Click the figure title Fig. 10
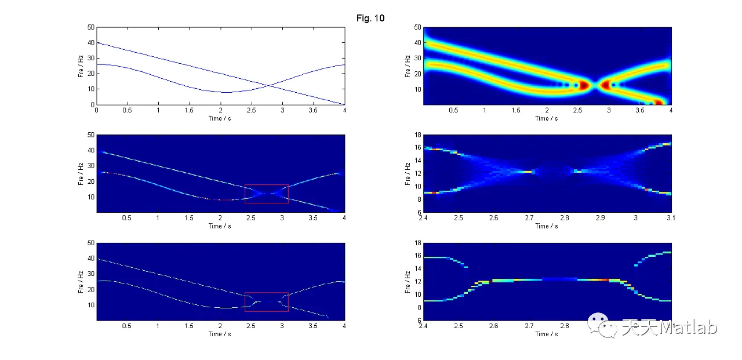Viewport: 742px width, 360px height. point(370,19)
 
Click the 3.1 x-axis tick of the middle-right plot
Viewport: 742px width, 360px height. point(671,218)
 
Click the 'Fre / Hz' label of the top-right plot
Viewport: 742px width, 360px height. point(408,66)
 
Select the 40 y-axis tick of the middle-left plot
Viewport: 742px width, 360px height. point(90,151)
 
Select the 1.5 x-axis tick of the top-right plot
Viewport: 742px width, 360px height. point(515,110)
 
